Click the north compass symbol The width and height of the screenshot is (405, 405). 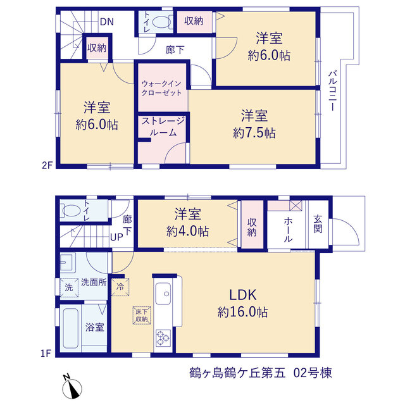(72, 387)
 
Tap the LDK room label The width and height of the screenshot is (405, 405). (243, 295)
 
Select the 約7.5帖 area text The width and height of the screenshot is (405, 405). (254, 133)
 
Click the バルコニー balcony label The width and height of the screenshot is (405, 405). (333, 90)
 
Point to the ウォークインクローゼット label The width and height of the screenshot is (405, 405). (161, 88)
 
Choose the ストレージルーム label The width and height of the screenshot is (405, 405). (163, 127)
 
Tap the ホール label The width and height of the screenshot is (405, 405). (288, 229)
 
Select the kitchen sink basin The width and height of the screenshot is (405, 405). (163, 294)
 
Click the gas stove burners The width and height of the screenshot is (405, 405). (163, 337)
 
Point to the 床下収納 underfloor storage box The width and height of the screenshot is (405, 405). (142, 315)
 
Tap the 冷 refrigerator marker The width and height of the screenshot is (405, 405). (120, 287)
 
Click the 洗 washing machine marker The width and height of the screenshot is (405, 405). (69, 287)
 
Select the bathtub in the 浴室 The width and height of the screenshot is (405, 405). (70, 328)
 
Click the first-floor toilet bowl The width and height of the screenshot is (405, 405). (70, 211)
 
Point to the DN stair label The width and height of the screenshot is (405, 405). (107, 22)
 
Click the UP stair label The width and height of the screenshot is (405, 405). (116, 237)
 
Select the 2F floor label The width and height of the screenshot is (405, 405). (47, 165)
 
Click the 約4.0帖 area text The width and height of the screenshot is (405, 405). (187, 231)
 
